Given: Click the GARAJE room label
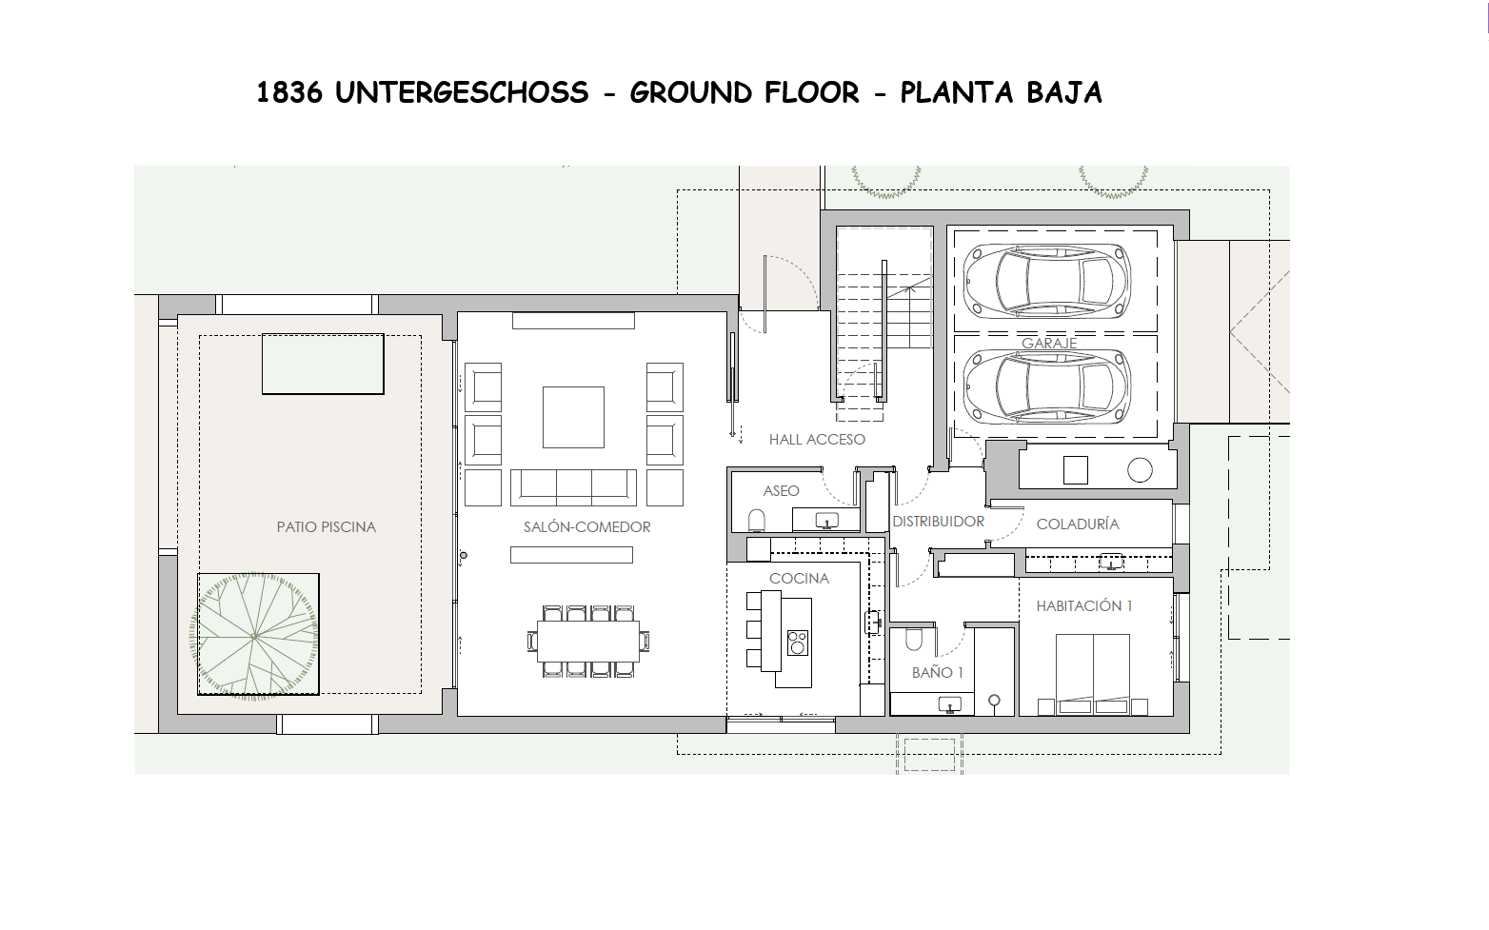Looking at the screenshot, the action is [1049, 343].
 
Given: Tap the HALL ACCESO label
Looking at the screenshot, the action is [817, 440].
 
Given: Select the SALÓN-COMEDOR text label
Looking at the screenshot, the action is [587, 527].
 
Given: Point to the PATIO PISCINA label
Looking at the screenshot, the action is [327, 527].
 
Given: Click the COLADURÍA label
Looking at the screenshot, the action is [1078, 524].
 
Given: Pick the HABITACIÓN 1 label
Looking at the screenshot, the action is [1084, 605].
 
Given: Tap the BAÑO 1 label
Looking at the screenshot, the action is [937, 672].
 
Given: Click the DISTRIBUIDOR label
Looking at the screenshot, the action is [938, 522].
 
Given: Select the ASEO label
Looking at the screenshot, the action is [781, 490].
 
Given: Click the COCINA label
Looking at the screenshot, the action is [799, 579].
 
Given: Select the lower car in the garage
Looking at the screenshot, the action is [1047, 386].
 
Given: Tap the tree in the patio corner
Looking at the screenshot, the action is [254, 635].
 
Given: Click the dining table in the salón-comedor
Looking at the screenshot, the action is [588, 641].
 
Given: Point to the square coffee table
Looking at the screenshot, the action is [574, 418].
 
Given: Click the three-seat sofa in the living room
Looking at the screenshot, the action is [574, 487].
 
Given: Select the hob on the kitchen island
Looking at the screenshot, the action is [797, 643].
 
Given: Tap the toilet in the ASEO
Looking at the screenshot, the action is [757, 520].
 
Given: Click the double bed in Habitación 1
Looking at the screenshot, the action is [1093, 674].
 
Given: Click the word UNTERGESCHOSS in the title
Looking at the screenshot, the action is [462, 92].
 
